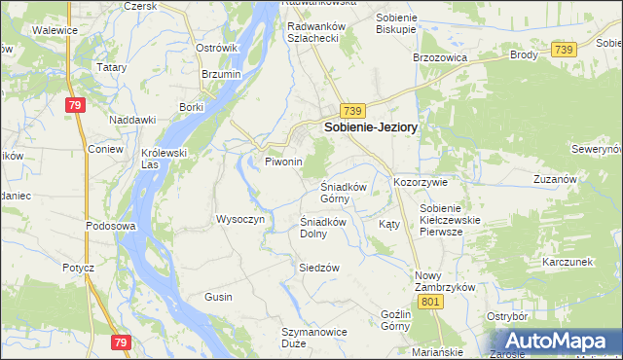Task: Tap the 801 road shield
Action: pyautogui.click(x=434, y=302)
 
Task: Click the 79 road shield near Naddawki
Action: pyautogui.click(x=75, y=105)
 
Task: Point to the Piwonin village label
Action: pyautogui.click(x=283, y=162)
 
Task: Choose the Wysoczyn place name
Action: pyautogui.click(x=240, y=219)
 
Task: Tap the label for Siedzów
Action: pyautogui.click(x=319, y=268)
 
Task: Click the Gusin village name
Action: pyautogui.click(x=218, y=296)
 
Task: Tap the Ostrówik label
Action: pyautogui.click(x=216, y=48)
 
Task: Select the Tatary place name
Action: pyautogui.click(x=111, y=67)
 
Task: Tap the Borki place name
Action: pyautogui.click(x=191, y=107)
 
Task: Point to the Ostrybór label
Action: pyautogui.click(x=507, y=316)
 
